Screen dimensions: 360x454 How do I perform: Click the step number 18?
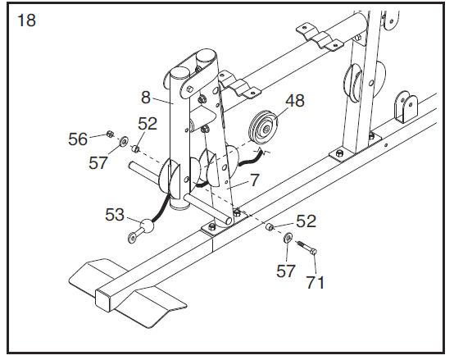pyautogui.click(x=26, y=21)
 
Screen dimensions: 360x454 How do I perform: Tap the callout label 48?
pyautogui.click(x=294, y=101)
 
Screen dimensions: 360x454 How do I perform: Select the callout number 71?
pyautogui.click(x=316, y=283)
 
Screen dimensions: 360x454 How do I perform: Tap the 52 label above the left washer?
pyautogui.click(x=148, y=124)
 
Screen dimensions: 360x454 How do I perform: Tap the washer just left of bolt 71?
pyautogui.click(x=288, y=237)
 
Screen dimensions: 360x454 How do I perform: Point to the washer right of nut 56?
pyautogui.click(x=123, y=141)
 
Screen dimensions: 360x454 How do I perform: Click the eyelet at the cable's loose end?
pyautogui.click(x=131, y=239)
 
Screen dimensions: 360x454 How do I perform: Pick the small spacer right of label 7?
pyautogui.click(x=269, y=225)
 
